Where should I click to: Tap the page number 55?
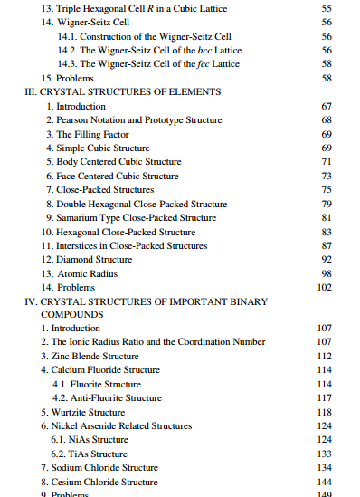(x=327, y=7)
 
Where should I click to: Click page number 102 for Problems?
(x=325, y=287)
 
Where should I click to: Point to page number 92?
(x=327, y=259)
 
